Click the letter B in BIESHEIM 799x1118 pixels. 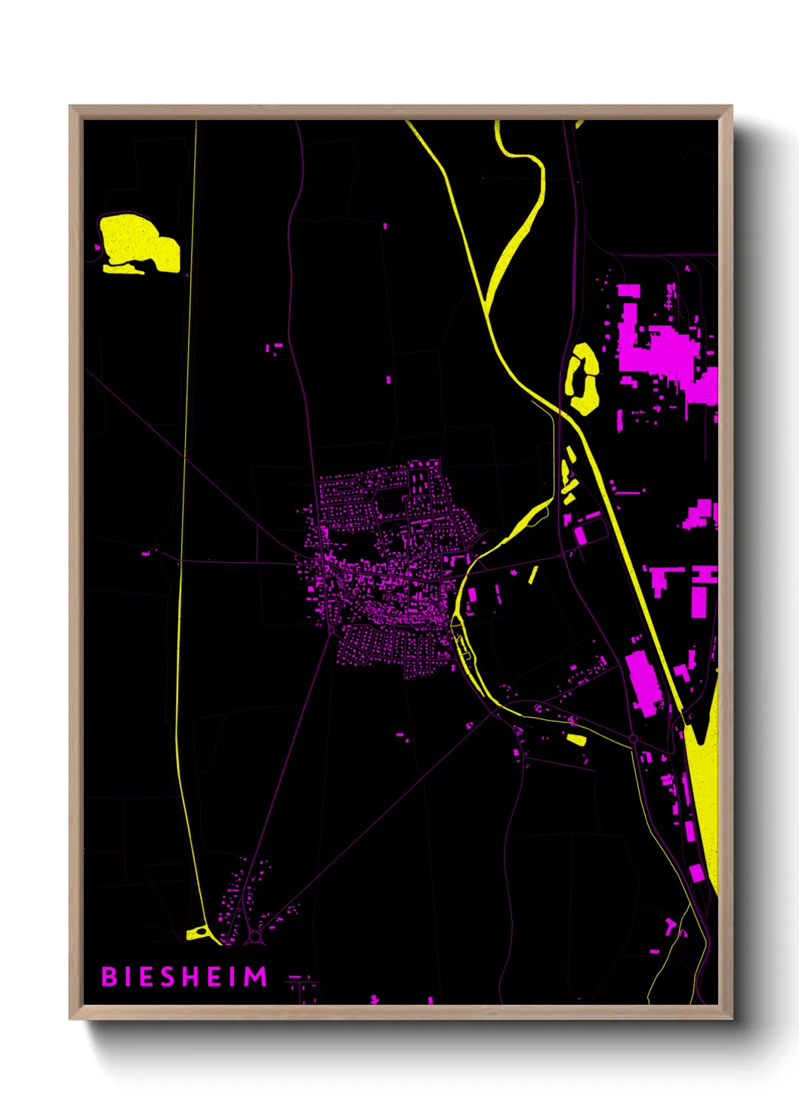(109, 977)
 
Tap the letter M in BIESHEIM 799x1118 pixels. (257, 977)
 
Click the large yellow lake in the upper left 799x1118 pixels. (136, 240)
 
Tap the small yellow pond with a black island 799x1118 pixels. (197, 933)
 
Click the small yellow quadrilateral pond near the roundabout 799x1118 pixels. (576, 739)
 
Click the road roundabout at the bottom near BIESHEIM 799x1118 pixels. (256, 937)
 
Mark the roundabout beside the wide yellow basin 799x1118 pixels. (633, 738)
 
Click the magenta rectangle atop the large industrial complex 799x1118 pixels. (628, 290)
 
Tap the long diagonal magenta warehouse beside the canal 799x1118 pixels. (643, 681)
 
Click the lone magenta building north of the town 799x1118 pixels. (389, 380)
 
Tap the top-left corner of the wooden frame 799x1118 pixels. (70, 107)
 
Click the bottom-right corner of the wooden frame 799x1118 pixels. (731, 1018)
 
